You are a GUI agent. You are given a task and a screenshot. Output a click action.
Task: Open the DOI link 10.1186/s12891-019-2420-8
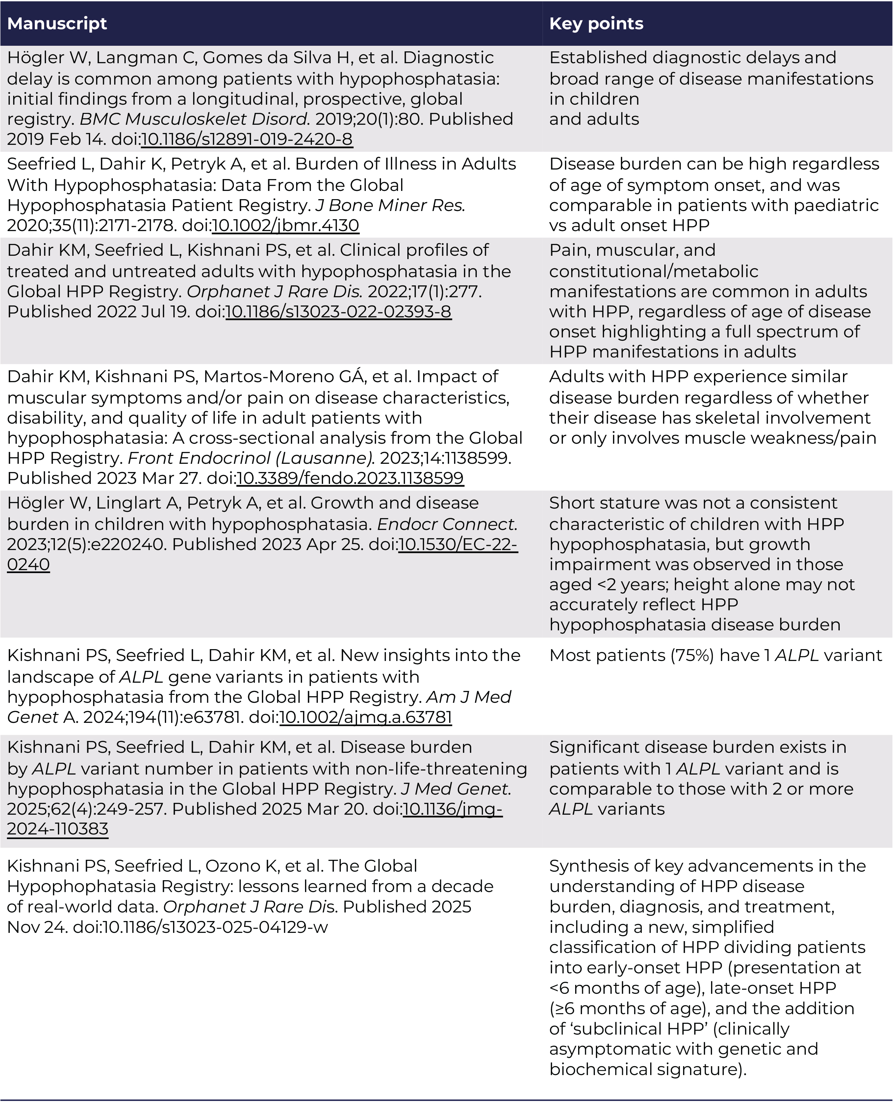tap(247, 139)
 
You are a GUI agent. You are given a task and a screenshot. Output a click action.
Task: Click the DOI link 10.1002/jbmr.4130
tap(285, 225)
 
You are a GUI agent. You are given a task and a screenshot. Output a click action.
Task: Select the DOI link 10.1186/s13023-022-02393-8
tap(338, 312)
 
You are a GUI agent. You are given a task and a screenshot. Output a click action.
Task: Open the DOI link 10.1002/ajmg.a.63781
tap(366, 718)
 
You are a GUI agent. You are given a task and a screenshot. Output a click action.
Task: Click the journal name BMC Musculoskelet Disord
tap(195, 119)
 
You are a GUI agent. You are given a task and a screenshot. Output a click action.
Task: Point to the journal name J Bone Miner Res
tap(390, 205)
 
